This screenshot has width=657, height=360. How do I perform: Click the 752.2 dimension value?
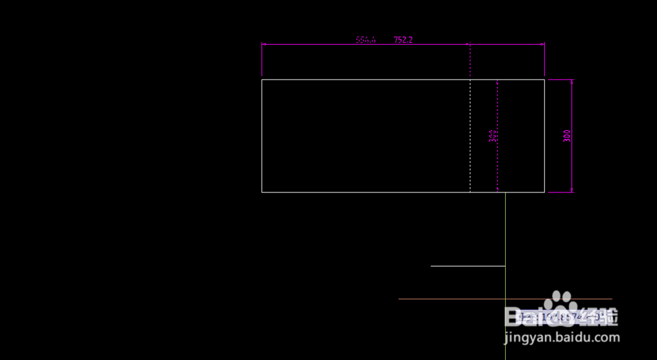tap(403, 39)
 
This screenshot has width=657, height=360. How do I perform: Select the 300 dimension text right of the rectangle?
tap(567, 135)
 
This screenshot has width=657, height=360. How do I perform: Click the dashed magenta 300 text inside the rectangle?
tap(493, 135)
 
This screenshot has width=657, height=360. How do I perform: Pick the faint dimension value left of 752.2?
tap(366, 39)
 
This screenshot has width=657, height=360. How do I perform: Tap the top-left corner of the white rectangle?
tap(262, 79)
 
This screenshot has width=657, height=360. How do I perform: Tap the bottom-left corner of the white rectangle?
tap(262, 192)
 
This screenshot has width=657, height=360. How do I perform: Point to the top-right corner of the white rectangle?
tap(545, 79)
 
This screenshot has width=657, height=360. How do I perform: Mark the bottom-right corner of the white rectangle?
tap(545, 192)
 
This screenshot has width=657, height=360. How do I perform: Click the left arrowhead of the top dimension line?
tap(263, 45)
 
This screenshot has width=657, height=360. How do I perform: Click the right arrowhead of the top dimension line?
tap(543, 45)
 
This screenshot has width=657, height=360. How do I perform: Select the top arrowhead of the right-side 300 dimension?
tap(572, 81)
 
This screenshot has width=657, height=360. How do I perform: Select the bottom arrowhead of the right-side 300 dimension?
tap(572, 191)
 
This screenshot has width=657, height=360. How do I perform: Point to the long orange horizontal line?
tap(453, 299)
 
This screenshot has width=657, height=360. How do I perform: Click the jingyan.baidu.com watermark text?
tap(562, 338)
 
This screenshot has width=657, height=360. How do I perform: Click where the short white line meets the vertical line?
tap(505, 266)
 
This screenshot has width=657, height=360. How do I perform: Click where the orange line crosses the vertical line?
tap(505, 299)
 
